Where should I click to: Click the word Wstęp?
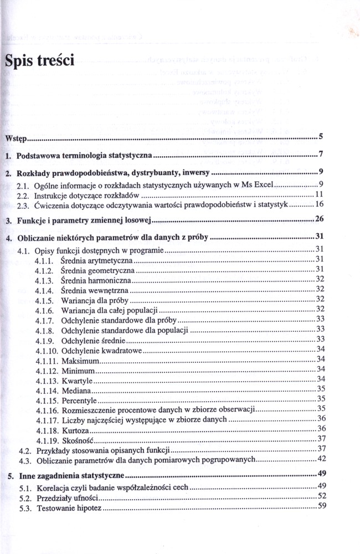16,137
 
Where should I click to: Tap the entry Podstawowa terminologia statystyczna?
84,156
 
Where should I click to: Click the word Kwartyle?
77,380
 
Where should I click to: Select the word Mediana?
76,390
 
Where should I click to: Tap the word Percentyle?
79,400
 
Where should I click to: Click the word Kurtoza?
76,429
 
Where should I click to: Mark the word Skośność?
77,439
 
